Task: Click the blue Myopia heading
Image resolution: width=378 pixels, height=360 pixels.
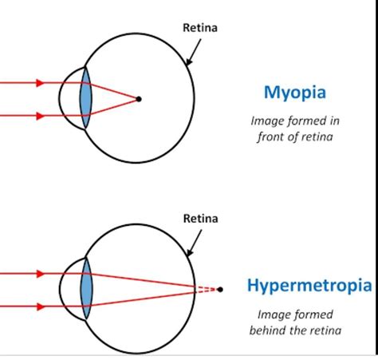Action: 294,92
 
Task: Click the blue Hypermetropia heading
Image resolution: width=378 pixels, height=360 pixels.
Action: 309,285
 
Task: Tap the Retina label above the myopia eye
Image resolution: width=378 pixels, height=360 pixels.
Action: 200,28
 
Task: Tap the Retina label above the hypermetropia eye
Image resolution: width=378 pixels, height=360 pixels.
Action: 200,217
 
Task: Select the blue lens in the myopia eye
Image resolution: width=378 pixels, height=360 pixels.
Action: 86,98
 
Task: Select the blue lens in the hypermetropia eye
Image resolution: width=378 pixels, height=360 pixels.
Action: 86,289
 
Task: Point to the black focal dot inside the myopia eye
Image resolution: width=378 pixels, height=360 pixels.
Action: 139,99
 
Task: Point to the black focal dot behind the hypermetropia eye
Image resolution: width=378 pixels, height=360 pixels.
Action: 220,289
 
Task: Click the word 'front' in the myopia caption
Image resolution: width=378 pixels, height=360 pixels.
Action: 270,136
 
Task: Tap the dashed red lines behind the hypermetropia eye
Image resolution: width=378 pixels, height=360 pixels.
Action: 207,289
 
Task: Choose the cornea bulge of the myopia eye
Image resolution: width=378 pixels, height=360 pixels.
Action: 64,98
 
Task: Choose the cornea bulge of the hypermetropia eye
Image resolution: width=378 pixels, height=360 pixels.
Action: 64,289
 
